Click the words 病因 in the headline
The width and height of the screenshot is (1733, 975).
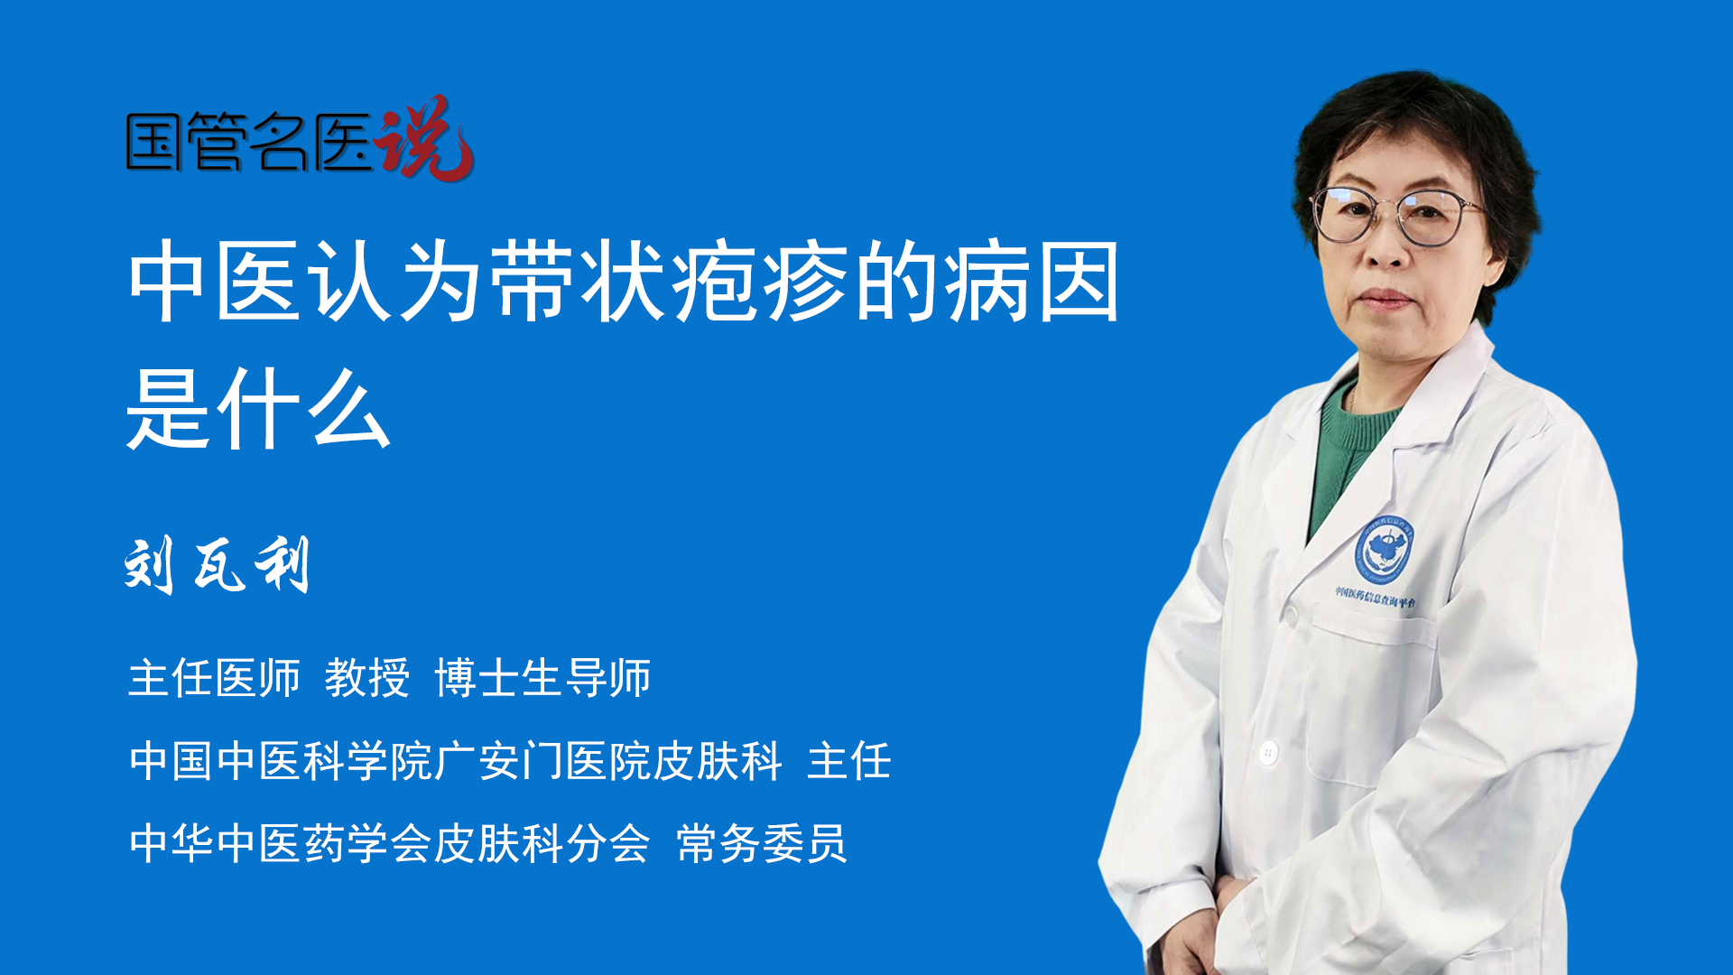[x=1033, y=282]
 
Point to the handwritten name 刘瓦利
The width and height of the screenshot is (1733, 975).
[x=218, y=564]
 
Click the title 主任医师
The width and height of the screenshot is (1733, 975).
[x=214, y=678]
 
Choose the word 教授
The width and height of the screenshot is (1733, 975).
[x=367, y=678]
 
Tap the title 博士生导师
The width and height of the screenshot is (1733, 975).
[x=542, y=678]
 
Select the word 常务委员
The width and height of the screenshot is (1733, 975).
[x=762, y=844]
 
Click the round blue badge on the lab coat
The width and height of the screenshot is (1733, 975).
[x=1384, y=550]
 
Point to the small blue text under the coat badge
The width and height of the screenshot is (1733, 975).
[x=1376, y=597]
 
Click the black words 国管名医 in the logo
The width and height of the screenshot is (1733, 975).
[x=249, y=143]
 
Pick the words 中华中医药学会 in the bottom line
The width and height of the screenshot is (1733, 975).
[x=281, y=844]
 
